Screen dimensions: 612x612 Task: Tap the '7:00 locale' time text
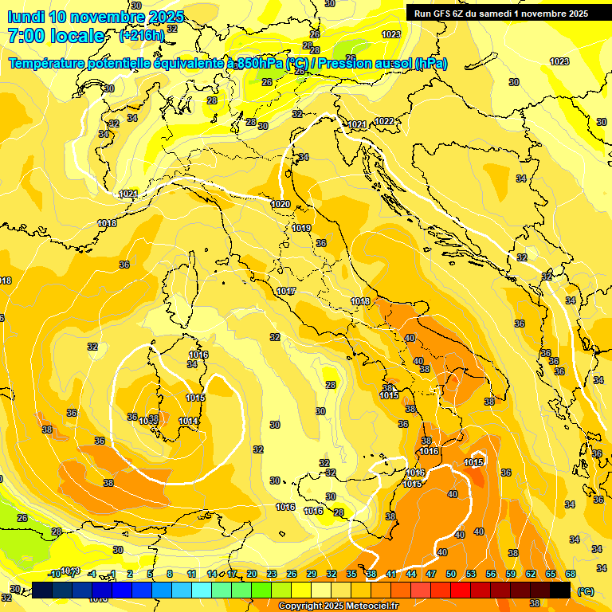tap(56, 36)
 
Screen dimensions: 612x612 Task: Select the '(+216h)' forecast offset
tap(142, 36)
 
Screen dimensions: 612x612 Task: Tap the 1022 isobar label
tap(384, 121)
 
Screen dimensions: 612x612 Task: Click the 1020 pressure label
tap(280, 205)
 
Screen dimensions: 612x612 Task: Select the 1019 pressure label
tap(300, 228)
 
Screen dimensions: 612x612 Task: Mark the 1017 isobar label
tap(286, 291)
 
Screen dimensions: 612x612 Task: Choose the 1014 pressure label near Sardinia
tap(189, 421)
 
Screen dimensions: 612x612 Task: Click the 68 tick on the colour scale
tap(571, 574)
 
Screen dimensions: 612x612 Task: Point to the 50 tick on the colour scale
tap(451, 574)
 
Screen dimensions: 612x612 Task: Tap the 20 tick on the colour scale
tap(252, 574)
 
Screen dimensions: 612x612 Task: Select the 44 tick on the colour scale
tap(411, 574)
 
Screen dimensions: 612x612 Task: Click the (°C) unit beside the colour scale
tap(586, 590)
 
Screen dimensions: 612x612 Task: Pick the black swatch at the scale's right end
tap(560, 590)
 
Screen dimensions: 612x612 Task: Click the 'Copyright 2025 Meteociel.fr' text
tap(339, 606)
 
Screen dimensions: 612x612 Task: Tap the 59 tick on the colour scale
tap(511, 574)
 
